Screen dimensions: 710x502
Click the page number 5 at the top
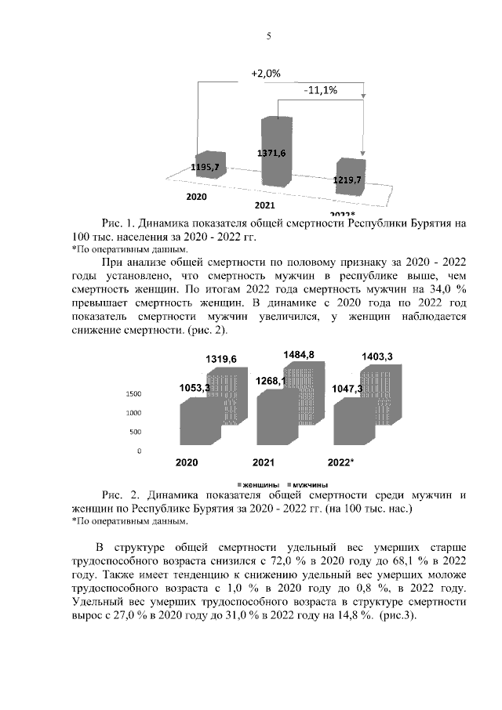pos(268,35)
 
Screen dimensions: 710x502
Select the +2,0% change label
pos(266,73)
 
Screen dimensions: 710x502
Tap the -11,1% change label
pos(320,90)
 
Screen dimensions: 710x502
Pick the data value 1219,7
pos(347,180)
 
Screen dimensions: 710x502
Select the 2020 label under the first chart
pos(197,194)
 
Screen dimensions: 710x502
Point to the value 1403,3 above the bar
pos(377,357)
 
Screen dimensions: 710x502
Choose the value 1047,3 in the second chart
pos(347,388)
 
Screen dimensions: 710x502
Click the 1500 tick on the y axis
pos(133,393)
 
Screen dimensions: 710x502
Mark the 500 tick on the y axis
pos(136,432)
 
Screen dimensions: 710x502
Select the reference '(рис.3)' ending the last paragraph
pos(400,616)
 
